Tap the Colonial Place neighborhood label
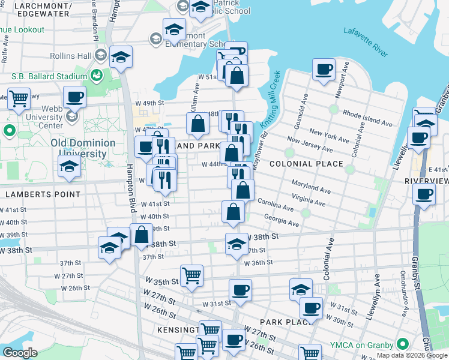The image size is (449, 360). coord(306,164)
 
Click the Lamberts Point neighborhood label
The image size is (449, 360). coord(43,194)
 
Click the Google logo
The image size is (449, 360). coord(20,353)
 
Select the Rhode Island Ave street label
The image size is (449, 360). coord(367,116)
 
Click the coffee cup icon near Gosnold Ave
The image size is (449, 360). coord(324,70)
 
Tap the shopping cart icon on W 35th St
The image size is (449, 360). coord(191,275)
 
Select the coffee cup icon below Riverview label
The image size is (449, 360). coord(424,194)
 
